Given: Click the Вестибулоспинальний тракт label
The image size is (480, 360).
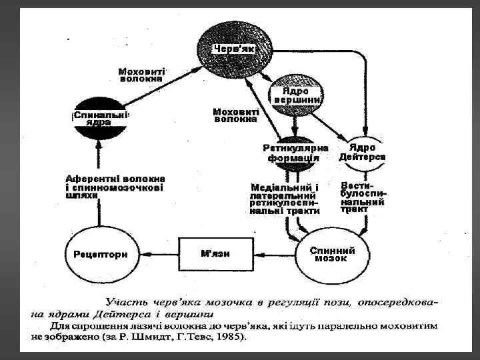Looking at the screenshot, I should point(363,197).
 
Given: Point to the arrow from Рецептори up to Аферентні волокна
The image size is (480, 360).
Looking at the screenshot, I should point(100,217).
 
